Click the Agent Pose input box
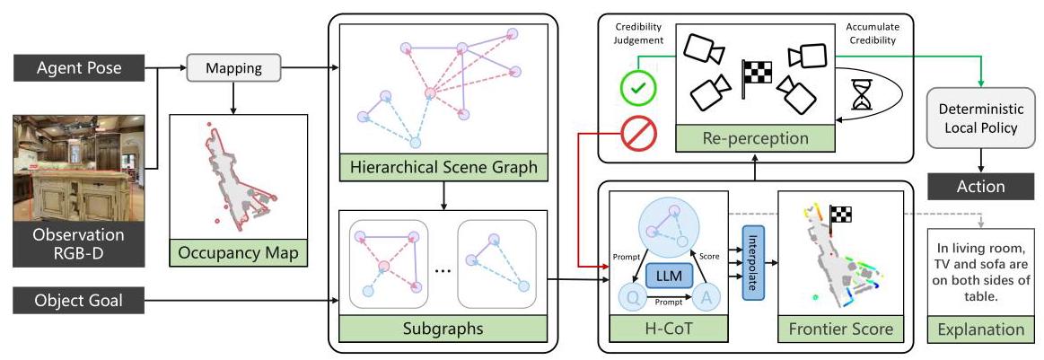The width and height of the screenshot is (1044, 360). (79, 68)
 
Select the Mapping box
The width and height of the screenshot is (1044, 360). (233, 68)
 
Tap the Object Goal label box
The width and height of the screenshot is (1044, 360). (79, 301)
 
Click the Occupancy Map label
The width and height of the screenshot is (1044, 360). (239, 253)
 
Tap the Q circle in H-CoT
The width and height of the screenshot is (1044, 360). (634, 300)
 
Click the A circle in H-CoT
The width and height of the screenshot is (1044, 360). (707, 300)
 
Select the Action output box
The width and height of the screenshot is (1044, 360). (981, 186)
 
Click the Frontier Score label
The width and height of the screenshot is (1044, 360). (841, 329)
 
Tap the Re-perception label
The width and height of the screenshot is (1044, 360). (755, 138)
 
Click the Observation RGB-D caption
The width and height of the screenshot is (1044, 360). (79, 244)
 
